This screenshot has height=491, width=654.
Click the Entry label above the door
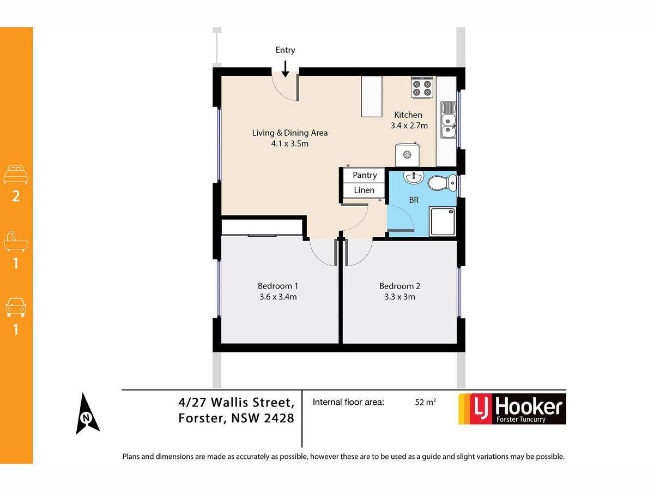(x=285, y=50)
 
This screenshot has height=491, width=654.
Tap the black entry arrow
(x=285, y=69)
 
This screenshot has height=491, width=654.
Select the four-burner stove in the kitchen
(x=422, y=87)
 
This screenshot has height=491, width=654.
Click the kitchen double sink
(x=448, y=120)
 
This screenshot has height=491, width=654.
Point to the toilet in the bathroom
(x=442, y=182)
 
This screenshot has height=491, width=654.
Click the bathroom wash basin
(x=414, y=177)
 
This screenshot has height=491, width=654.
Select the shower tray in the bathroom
(x=443, y=221)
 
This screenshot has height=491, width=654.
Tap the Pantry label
(x=365, y=175)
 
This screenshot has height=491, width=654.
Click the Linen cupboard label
(x=364, y=190)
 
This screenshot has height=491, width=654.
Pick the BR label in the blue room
(x=414, y=200)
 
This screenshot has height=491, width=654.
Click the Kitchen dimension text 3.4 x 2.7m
(x=409, y=125)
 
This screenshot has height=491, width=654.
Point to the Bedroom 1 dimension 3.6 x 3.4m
(x=278, y=297)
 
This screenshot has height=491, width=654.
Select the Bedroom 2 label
(x=399, y=286)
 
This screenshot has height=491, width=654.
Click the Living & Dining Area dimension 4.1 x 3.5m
(x=289, y=143)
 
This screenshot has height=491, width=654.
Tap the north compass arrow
(x=87, y=414)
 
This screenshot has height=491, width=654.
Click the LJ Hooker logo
(x=512, y=409)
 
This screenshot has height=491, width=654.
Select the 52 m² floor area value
(x=426, y=402)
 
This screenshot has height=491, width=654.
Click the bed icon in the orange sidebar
(x=16, y=175)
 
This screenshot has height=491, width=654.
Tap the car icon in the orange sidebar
(x=16, y=307)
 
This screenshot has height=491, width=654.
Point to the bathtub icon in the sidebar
(x=15, y=241)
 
